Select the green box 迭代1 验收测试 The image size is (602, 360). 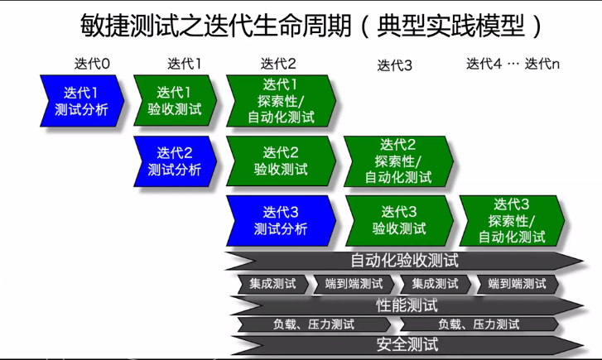(174, 99)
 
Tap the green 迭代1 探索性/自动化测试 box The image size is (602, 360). (281, 100)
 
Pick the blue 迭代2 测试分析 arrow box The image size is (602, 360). (174, 161)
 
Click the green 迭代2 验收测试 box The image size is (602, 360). (281, 161)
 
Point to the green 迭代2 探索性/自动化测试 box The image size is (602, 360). (397, 161)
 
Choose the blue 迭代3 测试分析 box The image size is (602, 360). (281, 220)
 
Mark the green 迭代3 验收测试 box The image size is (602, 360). (398, 220)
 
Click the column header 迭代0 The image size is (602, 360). (92, 64)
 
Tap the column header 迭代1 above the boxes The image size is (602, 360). (185, 64)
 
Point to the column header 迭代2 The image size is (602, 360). (278, 64)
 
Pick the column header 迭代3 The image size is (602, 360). (395, 65)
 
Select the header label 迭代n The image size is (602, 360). (542, 64)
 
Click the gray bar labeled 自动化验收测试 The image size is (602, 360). (404, 262)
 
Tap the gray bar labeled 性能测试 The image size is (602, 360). (406, 305)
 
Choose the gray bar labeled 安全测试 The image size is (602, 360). (406, 344)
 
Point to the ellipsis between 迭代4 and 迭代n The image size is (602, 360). (513, 64)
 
